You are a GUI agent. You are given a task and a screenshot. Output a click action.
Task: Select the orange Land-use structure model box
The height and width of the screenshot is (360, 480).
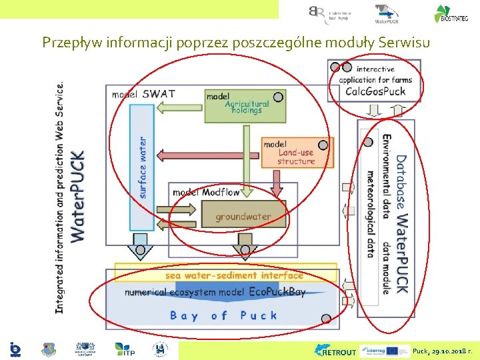pos(297,153)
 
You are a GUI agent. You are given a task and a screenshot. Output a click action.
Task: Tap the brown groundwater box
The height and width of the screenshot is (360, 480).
pos(243,216)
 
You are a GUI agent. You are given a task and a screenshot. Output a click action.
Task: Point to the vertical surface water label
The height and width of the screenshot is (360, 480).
pos(143,167)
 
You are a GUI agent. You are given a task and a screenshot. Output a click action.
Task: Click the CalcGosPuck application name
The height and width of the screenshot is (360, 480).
pos(375,91)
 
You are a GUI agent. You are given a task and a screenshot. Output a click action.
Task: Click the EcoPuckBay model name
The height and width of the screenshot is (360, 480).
pos(277,292)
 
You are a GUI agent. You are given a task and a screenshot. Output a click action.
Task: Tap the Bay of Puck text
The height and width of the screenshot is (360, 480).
pos(223,315)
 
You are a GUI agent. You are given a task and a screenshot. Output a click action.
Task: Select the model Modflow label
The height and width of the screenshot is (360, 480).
pos(205,193)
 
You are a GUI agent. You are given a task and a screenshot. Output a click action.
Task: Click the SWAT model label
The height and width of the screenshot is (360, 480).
pos(159,94)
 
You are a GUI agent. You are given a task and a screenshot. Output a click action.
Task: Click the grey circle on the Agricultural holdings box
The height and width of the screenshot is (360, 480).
pos(278,97)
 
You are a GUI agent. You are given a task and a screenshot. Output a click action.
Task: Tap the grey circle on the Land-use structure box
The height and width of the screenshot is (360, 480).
pos(323,145)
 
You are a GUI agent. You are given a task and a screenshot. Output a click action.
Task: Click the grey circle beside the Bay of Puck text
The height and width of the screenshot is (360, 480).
pos(326,319)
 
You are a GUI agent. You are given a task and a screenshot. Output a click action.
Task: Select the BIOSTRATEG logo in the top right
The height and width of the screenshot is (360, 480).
pos(451,14)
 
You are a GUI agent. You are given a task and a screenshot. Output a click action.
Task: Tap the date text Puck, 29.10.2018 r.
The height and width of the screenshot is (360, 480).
pos(443,351)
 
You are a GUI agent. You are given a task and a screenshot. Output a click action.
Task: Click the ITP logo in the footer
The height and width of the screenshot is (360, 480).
pos(125,349)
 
